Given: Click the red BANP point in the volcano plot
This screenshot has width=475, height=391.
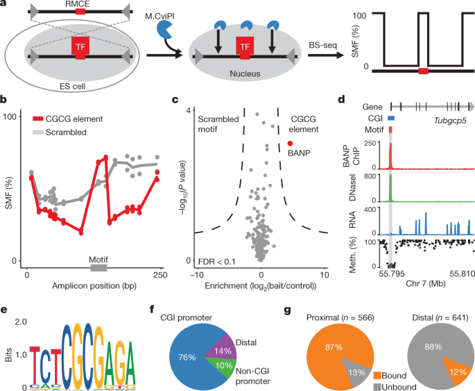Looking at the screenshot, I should pyautogui.click(x=290, y=143).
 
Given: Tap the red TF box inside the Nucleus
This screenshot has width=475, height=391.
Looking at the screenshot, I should pyautogui.click(x=245, y=48).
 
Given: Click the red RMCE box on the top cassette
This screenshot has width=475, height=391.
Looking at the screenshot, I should pyautogui.click(x=82, y=12).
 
